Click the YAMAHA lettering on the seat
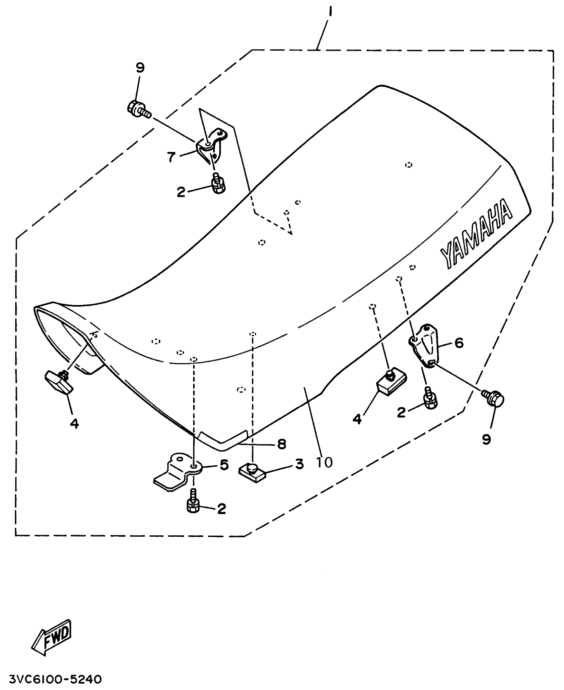tap(476, 234)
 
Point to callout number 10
tap(324, 462)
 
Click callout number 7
tap(171, 157)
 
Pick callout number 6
tap(459, 343)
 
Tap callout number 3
tap(299, 464)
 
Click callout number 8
tap(282, 444)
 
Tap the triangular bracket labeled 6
tap(426, 345)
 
